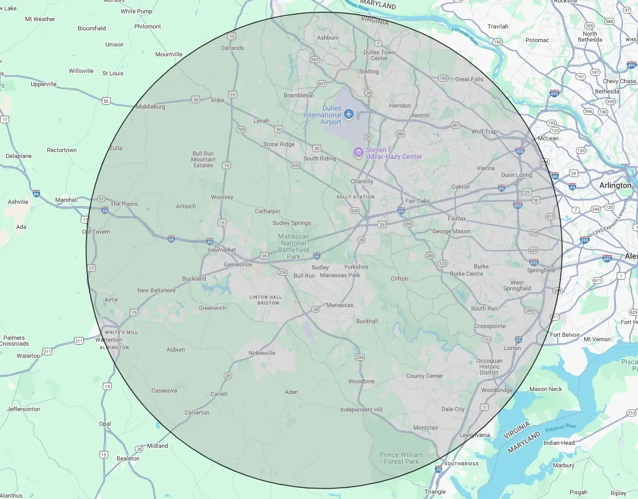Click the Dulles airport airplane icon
[x=348, y=114]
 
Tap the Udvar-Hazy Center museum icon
[x=359, y=152]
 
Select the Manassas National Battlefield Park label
[x=294, y=246]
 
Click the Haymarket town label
[x=221, y=250]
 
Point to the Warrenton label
[x=109, y=340]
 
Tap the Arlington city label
[x=615, y=185]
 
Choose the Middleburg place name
[x=150, y=107]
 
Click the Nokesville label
[x=262, y=353]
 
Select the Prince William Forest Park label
[x=401, y=458]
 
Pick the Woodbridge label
[x=497, y=390]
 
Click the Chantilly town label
[x=362, y=181]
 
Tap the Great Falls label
[x=469, y=79]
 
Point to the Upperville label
[x=43, y=84]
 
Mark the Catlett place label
[x=219, y=394]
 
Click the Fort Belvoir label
[x=565, y=335]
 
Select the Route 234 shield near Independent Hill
[x=360, y=357]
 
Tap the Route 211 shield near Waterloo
[x=47, y=351]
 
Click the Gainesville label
[x=238, y=264]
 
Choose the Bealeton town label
[x=128, y=458]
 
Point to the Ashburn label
[x=328, y=38]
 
